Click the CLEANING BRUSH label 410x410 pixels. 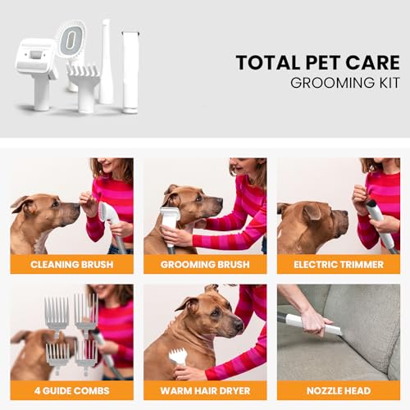pos(71,264)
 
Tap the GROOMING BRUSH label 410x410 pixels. pos(205,264)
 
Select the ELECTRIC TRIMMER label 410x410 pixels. pos(339,264)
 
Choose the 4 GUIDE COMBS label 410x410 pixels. pos(71,390)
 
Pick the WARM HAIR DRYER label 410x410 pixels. pos(205,390)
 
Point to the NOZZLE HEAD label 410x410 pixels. pos(339,390)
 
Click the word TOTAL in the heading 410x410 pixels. pos(262,63)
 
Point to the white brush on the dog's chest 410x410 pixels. pos(170,221)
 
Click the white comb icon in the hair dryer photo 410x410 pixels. pos(178,356)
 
